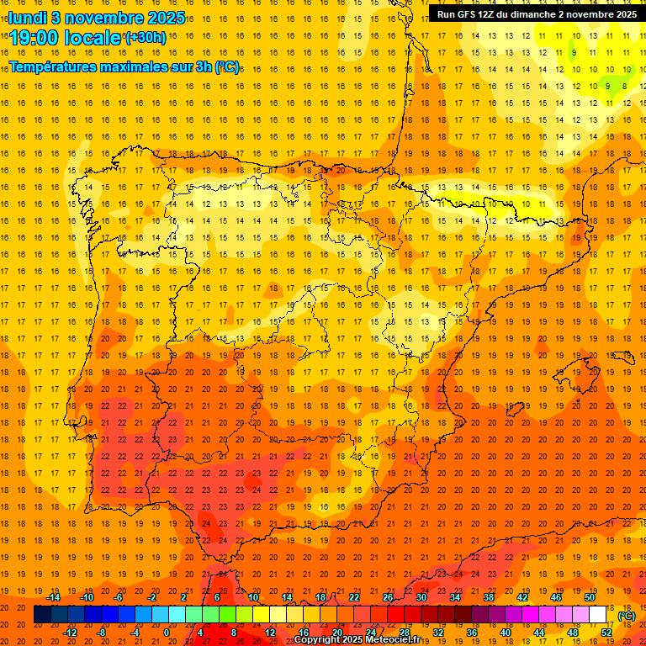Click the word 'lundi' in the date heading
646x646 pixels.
pyautogui.click(x=28, y=18)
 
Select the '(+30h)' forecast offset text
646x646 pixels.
pyautogui.click(x=146, y=38)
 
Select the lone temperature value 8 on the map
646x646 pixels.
pyautogui.click(x=624, y=85)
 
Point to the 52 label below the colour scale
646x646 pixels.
pyautogui.click(x=606, y=633)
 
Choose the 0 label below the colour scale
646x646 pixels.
pyautogui.click(x=167, y=633)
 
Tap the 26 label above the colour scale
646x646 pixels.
pyautogui.click(x=388, y=597)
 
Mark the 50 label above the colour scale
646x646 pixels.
pyautogui.click(x=590, y=597)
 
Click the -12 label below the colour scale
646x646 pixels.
pyautogui.click(x=71, y=633)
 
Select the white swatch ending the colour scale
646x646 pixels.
pyautogui.click(x=598, y=615)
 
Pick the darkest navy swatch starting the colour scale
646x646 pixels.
pyautogui.click(x=42, y=615)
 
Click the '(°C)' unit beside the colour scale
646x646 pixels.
pyautogui.click(x=627, y=616)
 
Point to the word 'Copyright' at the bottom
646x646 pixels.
pyautogui.click(x=318, y=640)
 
